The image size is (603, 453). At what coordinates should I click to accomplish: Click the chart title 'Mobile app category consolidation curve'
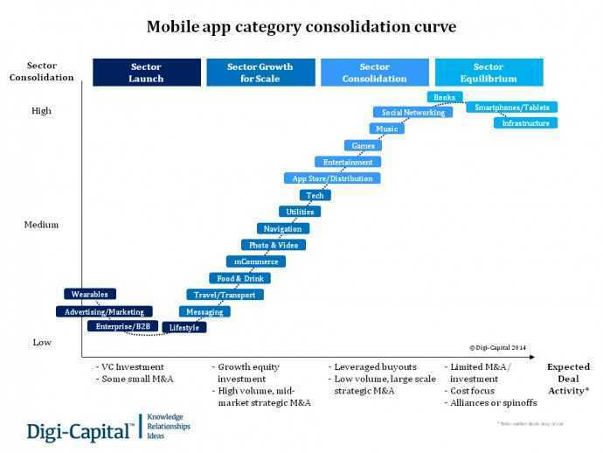click(301, 27)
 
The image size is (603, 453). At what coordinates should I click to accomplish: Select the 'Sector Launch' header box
click(146, 73)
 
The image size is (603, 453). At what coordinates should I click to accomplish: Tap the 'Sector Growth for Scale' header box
click(260, 73)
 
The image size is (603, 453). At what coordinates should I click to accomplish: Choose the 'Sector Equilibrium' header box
click(489, 73)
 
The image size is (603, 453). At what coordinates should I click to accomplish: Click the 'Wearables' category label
click(90, 295)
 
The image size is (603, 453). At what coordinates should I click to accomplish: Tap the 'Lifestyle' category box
click(183, 328)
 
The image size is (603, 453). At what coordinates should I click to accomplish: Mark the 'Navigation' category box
click(282, 228)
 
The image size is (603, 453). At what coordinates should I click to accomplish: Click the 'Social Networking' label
click(412, 112)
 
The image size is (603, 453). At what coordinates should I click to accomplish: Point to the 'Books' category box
click(444, 96)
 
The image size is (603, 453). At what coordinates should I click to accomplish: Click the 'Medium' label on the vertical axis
click(41, 225)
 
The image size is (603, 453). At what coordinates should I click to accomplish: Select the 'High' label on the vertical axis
click(41, 111)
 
